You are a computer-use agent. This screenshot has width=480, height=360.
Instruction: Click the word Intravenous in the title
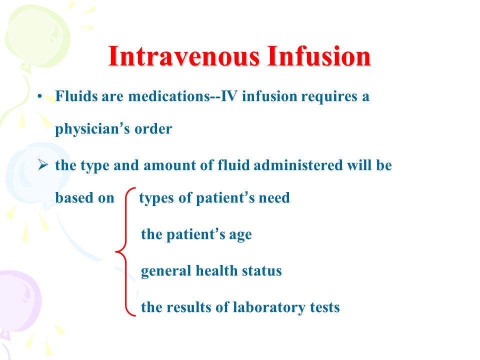(184, 56)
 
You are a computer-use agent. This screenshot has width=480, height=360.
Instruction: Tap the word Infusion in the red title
(318, 56)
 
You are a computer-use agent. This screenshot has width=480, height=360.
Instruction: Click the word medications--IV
(183, 96)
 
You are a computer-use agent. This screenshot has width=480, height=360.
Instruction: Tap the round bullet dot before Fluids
(39, 96)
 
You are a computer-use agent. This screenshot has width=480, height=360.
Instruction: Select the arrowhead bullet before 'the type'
(43, 165)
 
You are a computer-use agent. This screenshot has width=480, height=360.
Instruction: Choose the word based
(74, 198)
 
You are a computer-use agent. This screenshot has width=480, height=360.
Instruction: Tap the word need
(274, 198)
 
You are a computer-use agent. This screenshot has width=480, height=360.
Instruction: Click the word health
(216, 270)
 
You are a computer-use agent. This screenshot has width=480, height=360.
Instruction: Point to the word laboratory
(269, 308)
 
